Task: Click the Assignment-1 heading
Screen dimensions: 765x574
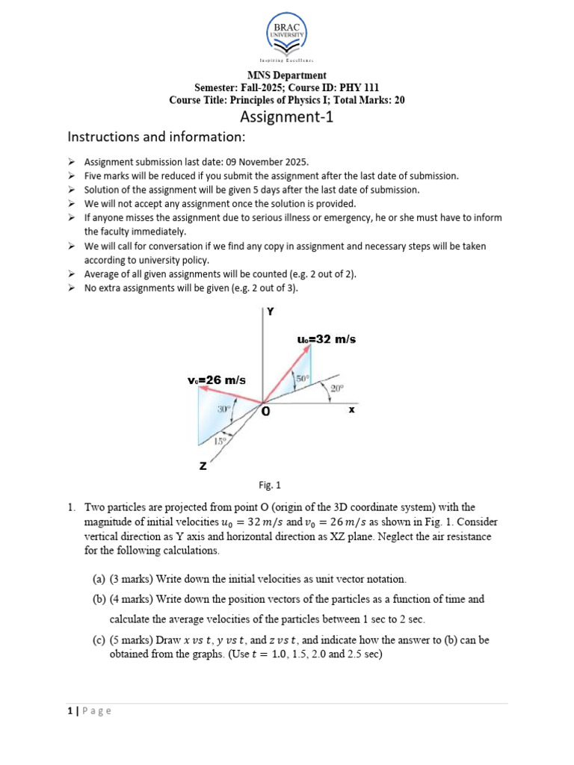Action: pyautogui.click(x=286, y=117)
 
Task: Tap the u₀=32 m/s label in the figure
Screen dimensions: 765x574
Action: pyautogui.click(x=327, y=339)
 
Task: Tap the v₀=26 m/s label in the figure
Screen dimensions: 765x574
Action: pyautogui.click(x=216, y=380)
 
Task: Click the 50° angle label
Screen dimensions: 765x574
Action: pyautogui.click(x=302, y=380)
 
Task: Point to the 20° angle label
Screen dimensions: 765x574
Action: pyautogui.click(x=337, y=388)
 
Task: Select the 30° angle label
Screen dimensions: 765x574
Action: pyautogui.click(x=223, y=409)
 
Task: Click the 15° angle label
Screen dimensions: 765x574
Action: pyautogui.click(x=220, y=442)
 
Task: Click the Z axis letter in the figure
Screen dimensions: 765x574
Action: pyautogui.click(x=203, y=466)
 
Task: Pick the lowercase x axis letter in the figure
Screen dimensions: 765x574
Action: pyautogui.click(x=351, y=409)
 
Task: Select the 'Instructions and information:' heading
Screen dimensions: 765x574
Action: pyautogui.click(x=156, y=137)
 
